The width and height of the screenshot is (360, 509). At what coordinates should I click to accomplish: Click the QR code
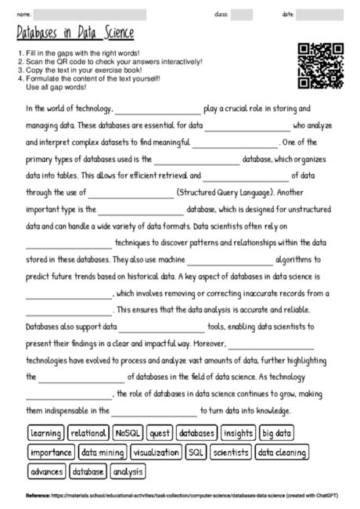(320, 64)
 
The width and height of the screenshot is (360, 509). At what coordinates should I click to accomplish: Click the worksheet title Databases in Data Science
(75, 32)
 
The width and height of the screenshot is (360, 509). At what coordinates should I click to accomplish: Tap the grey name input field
(90, 15)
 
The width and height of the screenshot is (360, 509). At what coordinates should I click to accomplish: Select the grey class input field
(242, 15)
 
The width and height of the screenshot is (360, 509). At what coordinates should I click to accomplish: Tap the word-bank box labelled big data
(277, 433)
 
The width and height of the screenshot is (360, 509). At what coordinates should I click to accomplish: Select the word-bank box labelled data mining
(103, 453)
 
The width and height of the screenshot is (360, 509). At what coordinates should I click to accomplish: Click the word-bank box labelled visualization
(156, 453)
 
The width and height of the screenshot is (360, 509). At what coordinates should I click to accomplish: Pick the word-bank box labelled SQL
(196, 453)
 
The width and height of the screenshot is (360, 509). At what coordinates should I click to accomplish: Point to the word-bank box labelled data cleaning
(282, 453)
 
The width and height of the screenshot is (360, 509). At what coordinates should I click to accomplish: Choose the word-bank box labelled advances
(46, 472)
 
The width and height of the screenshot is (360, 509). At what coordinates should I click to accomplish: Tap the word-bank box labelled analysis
(128, 472)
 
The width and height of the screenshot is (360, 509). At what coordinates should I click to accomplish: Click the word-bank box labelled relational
(88, 433)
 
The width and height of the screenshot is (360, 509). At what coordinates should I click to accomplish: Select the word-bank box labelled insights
(238, 433)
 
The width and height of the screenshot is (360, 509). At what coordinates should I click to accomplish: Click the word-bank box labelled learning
(46, 433)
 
